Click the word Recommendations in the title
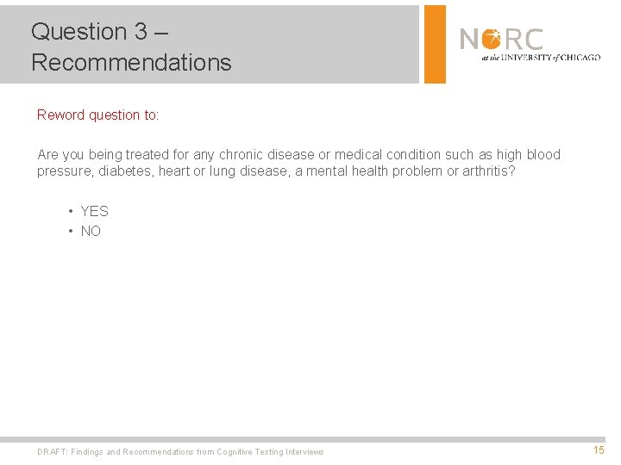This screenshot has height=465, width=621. pyautogui.click(x=131, y=63)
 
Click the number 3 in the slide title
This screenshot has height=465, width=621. pyautogui.click(x=141, y=32)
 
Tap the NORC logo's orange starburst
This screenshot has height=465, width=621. pyautogui.click(x=492, y=39)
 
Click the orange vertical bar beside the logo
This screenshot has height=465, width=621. pyautogui.click(x=435, y=44)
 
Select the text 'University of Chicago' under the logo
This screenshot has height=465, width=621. pyautogui.click(x=552, y=58)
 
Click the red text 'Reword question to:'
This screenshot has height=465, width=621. pyautogui.click(x=98, y=115)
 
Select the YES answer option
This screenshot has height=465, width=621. pyautogui.click(x=94, y=211)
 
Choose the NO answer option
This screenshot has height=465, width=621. pyautogui.click(x=91, y=231)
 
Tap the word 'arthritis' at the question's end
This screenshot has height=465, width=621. pyautogui.click(x=486, y=171)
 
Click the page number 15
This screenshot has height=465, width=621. pyautogui.click(x=599, y=450)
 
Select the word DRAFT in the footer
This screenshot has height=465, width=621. pyautogui.click(x=52, y=452)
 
